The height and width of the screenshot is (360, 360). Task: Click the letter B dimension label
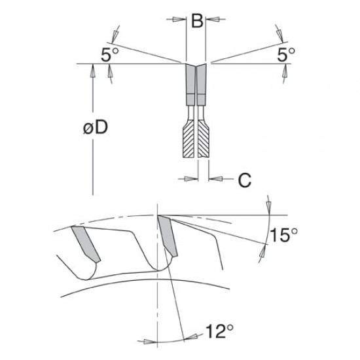(x=197, y=21)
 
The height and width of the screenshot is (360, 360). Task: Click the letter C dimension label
(x=245, y=180)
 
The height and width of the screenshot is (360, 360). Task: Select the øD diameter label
(x=96, y=127)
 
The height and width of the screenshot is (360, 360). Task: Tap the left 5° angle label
(x=110, y=54)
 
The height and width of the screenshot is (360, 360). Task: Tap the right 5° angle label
(x=286, y=54)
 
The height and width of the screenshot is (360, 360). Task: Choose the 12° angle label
(x=219, y=331)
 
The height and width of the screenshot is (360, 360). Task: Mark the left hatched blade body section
(x=189, y=141)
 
